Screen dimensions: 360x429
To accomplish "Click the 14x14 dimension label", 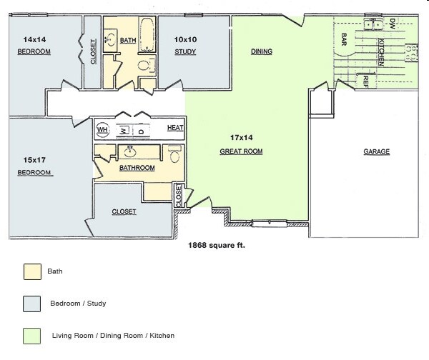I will (x=34, y=39).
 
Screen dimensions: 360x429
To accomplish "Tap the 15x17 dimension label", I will (x=34, y=160).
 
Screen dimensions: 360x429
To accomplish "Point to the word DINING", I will (x=261, y=51).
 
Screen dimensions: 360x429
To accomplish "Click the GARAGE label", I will (x=376, y=151).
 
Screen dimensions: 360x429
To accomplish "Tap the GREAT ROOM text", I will (x=241, y=151).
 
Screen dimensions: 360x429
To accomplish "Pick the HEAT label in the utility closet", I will (x=175, y=128).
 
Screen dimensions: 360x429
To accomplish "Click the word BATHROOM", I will (x=137, y=168).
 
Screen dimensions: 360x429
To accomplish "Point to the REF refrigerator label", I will (x=365, y=81).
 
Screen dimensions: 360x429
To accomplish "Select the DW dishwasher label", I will (x=393, y=24).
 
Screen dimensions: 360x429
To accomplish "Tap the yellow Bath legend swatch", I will (x=31, y=271).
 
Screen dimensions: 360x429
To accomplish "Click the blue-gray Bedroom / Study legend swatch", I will (x=31, y=304).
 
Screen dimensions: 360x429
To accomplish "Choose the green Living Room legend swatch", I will (x=31, y=335).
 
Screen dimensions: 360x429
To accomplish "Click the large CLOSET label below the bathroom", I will (x=124, y=211).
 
